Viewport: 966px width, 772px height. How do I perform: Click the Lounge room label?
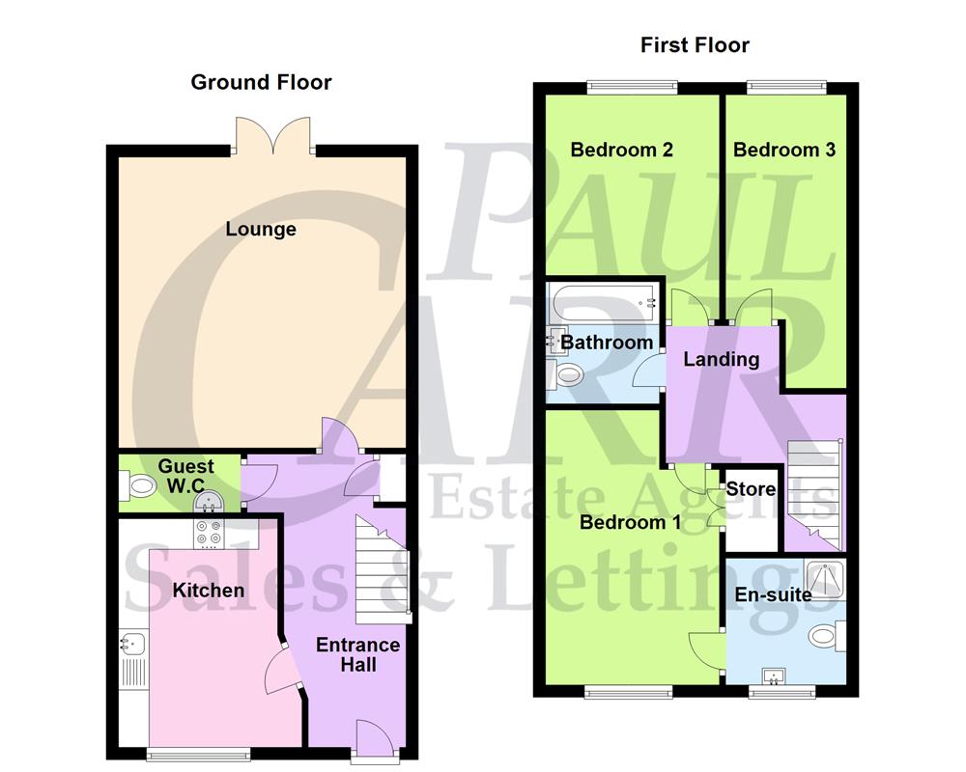pos(261,230)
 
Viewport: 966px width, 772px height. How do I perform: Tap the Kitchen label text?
pos(208,590)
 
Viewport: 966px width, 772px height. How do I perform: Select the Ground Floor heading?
pos(261,82)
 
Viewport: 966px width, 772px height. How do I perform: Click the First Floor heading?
pos(696,45)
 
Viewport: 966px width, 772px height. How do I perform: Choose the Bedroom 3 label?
pos(783,150)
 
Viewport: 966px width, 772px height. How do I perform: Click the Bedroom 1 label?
pos(631,523)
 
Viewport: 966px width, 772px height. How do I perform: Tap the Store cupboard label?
pos(751,489)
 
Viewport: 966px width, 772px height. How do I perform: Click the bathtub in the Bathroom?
pos(602,308)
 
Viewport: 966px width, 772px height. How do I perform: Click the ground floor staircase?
pos(382,569)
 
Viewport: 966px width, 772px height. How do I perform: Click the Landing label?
pos(721,360)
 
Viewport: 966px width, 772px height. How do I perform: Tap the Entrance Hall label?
pos(357,655)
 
